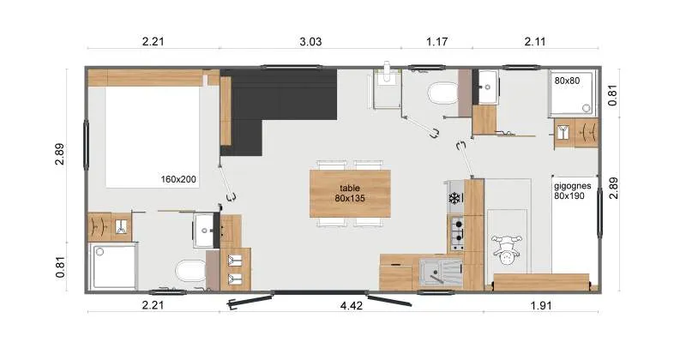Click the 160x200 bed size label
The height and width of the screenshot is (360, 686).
point(178,180)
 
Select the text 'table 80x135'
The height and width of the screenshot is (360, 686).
point(349,192)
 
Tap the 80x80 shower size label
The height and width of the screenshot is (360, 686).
point(567,81)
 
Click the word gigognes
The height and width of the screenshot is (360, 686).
point(570,184)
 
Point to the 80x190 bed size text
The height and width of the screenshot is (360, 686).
point(569,195)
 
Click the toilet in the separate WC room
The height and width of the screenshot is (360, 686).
point(443,92)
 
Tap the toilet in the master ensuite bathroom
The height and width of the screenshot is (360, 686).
point(187,273)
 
